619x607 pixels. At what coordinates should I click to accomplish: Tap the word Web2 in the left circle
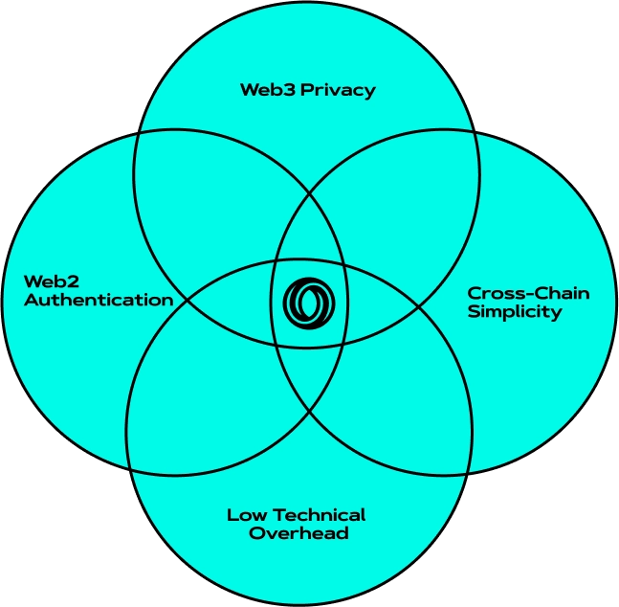49,281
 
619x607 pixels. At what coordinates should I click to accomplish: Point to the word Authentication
99,300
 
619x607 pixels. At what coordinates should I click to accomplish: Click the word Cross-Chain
528,293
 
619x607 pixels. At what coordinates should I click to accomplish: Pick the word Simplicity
515,312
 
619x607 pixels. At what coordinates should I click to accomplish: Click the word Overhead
298,533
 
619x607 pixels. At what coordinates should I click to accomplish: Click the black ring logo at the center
309,303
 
